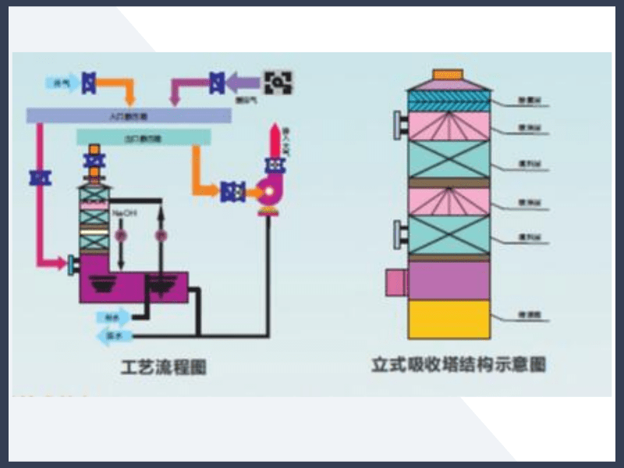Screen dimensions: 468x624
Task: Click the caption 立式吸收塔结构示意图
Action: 458,364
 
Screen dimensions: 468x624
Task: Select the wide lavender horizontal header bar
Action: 129,115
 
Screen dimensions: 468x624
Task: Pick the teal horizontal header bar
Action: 144,138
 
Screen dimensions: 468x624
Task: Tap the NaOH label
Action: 123,212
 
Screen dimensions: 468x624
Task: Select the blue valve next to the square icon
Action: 218,80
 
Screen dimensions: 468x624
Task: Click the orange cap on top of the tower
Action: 448,73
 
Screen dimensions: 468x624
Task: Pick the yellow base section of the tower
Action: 448,319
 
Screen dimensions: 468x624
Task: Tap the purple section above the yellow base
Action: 448,280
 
